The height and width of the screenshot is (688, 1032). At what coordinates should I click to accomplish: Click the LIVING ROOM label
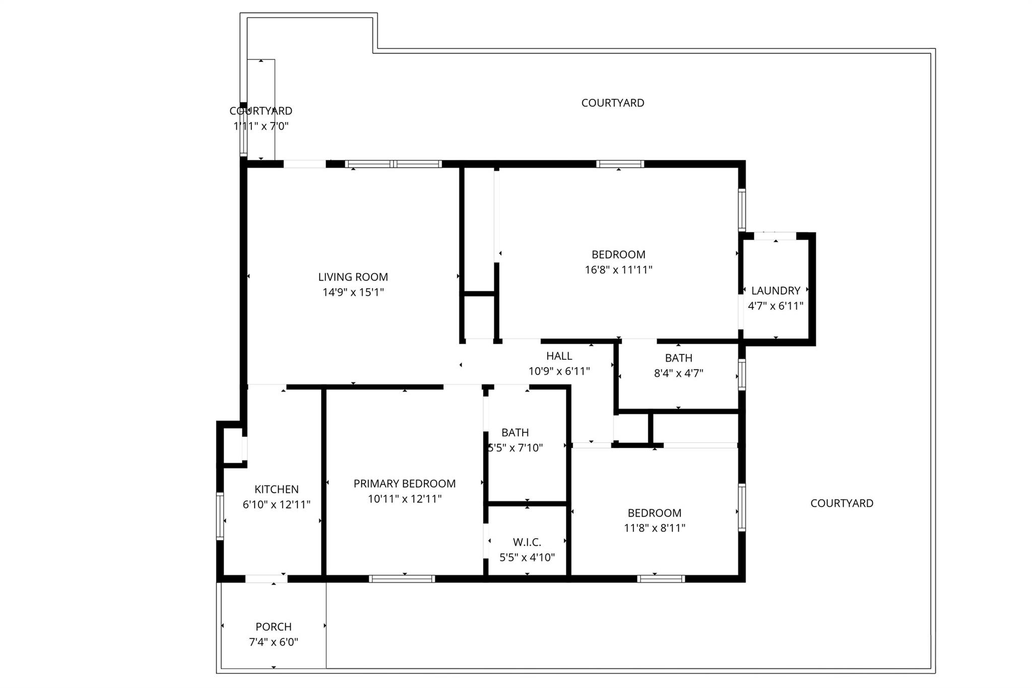(353, 277)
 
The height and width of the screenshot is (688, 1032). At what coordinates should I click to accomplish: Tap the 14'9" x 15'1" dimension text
(353, 292)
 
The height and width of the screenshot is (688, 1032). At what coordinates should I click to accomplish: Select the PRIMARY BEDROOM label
(405, 484)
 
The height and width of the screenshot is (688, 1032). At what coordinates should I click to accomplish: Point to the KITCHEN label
(277, 489)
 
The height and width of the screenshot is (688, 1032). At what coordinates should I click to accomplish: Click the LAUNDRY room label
(776, 291)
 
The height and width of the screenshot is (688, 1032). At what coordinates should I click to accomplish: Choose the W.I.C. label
(527, 542)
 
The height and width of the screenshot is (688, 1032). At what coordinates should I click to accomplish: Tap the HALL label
(559, 356)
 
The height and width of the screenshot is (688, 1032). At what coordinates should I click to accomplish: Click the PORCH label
(274, 627)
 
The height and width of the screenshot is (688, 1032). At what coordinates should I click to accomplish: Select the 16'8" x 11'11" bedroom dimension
(618, 270)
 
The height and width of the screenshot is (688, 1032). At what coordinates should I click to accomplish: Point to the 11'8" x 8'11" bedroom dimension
(655, 528)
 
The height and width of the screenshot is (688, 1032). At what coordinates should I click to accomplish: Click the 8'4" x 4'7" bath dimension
(678, 373)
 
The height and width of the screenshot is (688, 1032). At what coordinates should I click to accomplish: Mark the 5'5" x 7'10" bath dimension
(515, 448)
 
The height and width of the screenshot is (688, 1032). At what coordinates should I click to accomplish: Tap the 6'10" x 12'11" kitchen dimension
(277, 505)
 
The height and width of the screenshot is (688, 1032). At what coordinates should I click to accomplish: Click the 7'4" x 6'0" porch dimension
(274, 642)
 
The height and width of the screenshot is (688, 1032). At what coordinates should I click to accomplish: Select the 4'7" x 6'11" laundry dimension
(776, 306)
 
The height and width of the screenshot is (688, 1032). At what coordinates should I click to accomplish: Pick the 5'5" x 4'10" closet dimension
(527, 557)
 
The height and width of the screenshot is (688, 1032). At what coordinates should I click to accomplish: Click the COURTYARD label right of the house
(842, 503)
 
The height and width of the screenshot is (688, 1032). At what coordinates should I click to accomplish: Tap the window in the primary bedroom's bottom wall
(402, 579)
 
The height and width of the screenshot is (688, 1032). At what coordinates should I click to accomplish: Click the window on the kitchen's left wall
(220, 516)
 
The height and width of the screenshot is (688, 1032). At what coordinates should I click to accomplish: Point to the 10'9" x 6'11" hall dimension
(559, 371)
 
